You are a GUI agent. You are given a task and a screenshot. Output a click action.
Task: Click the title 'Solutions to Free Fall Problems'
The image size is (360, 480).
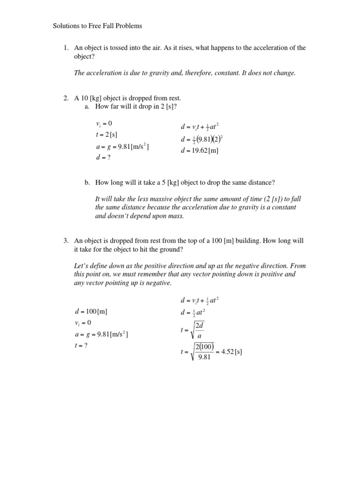[97, 26]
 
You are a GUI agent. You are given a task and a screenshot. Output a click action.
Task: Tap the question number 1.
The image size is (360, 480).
[66, 48]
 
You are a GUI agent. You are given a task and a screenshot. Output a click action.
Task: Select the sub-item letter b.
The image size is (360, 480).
[87, 182]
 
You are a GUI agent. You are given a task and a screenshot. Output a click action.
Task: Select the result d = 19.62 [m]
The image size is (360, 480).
[200, 150]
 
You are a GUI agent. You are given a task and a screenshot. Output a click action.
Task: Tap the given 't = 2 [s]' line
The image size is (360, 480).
[107, 135]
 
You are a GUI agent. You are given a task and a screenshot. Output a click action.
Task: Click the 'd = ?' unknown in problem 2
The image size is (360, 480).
[103, 157]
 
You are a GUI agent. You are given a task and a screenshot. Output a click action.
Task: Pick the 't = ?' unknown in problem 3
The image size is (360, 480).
[82, 345]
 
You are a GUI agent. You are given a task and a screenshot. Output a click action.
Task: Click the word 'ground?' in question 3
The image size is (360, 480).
[171, 249]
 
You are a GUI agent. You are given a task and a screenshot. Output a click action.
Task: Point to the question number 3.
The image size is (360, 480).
[66, 241]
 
